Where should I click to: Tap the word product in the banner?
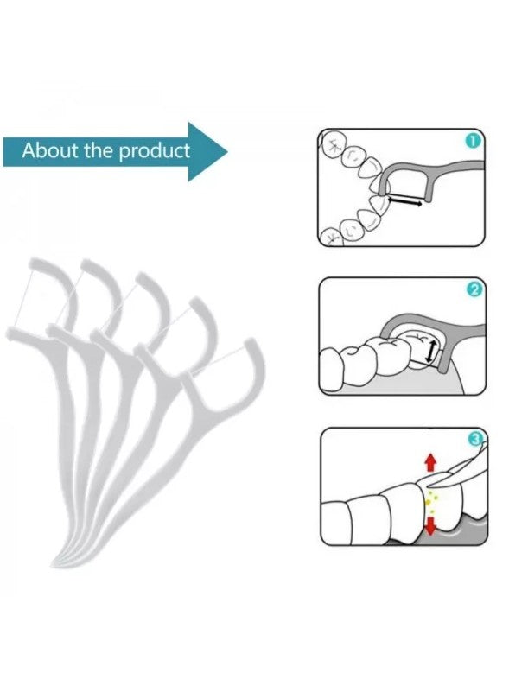[x=154, y=151]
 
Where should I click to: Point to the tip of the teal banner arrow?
[x=227, y=151]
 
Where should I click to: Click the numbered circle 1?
[x=473, y=141]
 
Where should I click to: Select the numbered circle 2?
[x=474, y=289]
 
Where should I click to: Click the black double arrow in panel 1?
[x=404, y=201]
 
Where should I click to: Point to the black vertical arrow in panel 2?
[x=430, y=350]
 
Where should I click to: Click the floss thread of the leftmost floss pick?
[x=22, y=296]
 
